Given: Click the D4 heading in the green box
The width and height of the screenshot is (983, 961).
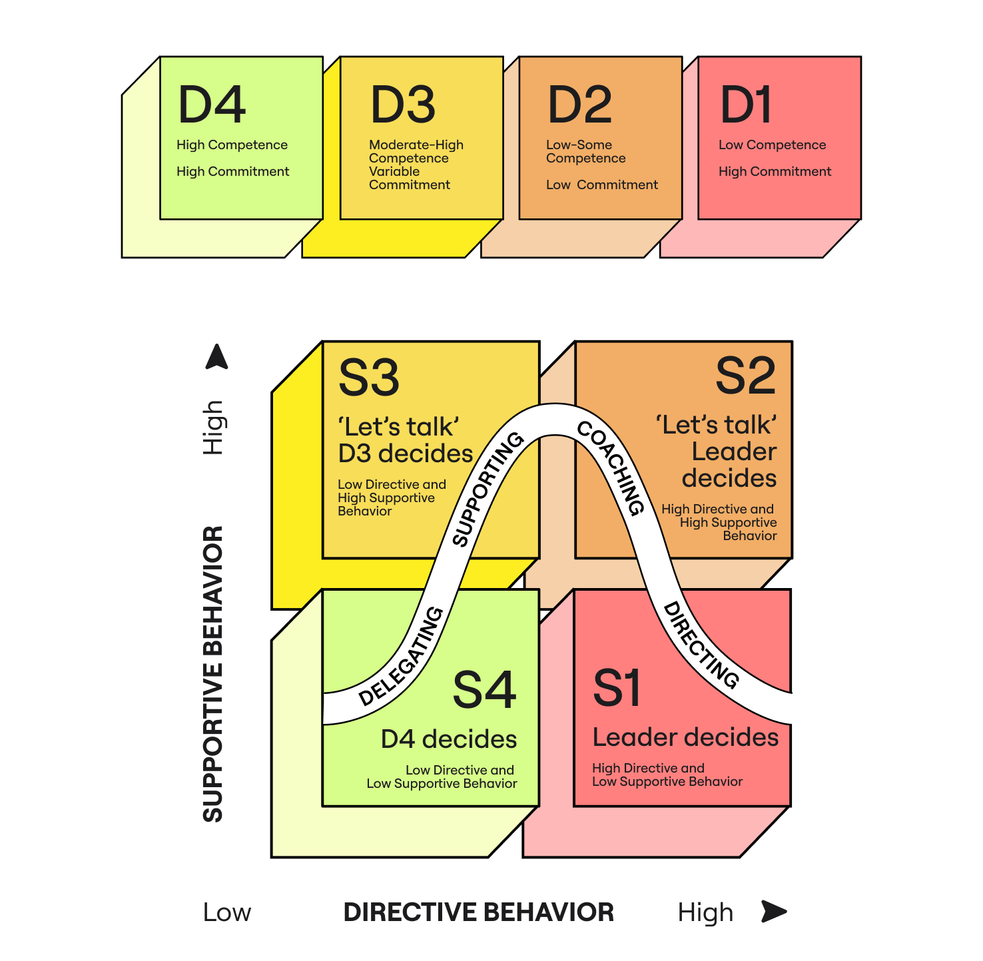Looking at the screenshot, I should point(212,105).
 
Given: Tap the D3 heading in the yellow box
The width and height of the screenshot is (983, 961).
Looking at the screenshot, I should point(403,105).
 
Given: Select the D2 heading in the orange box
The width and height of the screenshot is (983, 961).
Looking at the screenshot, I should point(579,105).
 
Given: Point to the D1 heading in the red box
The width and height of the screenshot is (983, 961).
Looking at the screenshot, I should point(746,105).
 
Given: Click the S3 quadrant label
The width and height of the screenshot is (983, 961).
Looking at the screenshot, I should point(369,378).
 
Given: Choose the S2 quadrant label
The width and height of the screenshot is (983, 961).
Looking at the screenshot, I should point(745,376).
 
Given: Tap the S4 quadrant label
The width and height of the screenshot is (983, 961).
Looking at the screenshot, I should point(484,690).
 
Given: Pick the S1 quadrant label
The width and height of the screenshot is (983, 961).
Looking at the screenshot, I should point(617,689).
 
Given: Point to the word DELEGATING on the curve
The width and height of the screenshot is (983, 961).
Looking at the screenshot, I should point(402,656).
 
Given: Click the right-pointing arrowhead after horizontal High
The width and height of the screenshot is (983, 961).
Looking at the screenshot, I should point(773,911).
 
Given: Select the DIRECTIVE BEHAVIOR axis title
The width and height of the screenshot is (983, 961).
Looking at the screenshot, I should point(478,912).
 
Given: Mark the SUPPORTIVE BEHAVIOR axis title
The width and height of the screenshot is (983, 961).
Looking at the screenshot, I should point(213,674).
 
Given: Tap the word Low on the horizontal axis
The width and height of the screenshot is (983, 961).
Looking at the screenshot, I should point(227,912).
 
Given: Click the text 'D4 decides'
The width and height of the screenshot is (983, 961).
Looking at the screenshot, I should point(449,739).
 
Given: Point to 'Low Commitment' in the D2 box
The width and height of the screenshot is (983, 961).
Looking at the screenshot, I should point(602,185).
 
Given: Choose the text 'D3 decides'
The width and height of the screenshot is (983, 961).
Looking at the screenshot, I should point(406,454).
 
